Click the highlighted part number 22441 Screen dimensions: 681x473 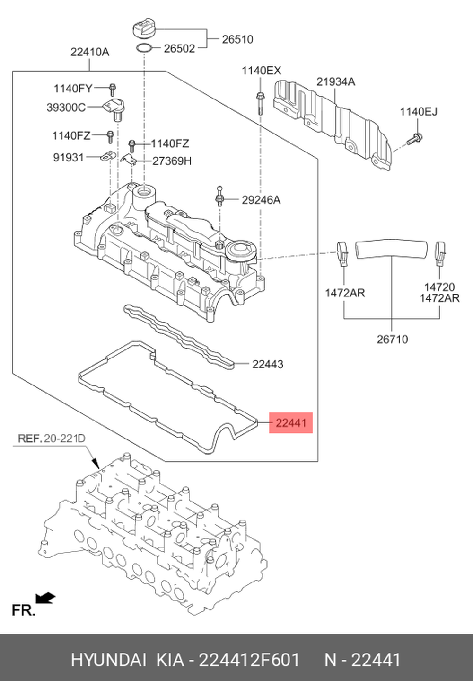(291, 422)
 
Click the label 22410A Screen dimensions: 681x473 (90, 52)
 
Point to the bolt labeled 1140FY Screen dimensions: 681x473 (113, 89)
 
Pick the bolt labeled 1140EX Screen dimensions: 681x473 (260, 102)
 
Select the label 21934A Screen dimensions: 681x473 (335, 82)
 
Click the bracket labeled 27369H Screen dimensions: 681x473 (129, 159)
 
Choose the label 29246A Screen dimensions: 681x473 (261, 200)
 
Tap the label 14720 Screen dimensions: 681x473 (439, 287)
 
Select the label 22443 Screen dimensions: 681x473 (268, 364)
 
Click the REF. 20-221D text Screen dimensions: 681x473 (52, 439)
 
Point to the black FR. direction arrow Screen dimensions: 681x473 (46, 598)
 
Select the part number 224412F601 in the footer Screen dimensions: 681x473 (249, 660)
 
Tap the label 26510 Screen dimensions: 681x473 (237, 39)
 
